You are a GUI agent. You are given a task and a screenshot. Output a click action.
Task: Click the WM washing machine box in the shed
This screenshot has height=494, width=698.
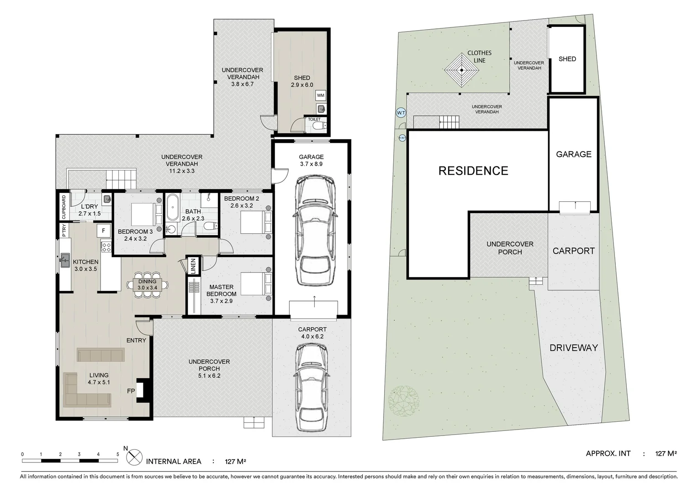point(320,96)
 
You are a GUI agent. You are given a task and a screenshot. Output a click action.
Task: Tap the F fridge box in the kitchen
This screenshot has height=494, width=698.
point(103,231)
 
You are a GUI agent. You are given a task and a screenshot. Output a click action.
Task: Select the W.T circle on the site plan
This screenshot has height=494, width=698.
point(401,113)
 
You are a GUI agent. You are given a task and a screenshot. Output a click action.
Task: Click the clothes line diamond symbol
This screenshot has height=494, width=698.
point(461,70)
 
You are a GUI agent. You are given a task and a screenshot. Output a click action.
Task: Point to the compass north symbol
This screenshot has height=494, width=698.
point(134,457)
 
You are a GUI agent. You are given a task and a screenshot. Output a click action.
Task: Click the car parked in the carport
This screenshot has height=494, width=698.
point(311,387)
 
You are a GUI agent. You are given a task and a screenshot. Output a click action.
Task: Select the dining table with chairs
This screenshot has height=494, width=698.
point(148,285)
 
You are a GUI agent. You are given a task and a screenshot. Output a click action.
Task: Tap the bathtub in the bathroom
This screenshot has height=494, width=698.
point(172,208)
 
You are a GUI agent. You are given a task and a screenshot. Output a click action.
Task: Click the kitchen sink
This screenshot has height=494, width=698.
point(65,260)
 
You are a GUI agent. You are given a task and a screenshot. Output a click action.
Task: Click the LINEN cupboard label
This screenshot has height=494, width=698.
point(193,266)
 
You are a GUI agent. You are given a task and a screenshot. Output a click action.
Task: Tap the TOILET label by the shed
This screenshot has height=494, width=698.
point(314,119)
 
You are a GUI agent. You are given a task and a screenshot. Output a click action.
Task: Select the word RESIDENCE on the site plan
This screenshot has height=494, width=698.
point(473,171)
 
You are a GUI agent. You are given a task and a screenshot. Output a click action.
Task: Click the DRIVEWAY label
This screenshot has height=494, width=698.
point(573,348)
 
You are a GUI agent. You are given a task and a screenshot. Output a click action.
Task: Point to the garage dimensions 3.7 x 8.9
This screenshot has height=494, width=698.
point(311,164)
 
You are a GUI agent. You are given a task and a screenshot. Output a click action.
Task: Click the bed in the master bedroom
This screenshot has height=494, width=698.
point(256,284)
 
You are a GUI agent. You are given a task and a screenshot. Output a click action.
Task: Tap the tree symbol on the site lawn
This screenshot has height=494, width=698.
point(404,401)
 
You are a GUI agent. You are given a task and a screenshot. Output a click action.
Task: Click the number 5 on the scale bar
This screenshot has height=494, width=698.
point(117,454)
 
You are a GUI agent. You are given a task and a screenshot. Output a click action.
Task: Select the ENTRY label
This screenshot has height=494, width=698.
point(136,340)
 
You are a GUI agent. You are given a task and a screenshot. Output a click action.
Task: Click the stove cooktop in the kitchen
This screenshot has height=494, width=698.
point(106,247)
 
